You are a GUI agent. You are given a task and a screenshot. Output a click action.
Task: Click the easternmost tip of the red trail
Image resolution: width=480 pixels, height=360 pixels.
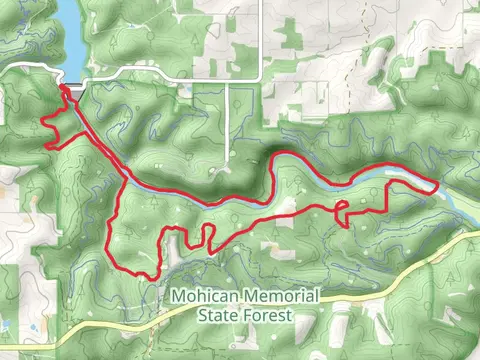click(x=436, y=185)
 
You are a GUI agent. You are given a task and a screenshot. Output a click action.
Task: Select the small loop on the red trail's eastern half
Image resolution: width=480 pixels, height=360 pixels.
click(x=341, y=208)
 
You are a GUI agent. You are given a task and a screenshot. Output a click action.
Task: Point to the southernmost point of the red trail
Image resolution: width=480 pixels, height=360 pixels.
click(x=146, y=277)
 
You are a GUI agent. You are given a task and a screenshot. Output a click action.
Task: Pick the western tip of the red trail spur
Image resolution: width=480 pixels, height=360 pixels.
click(x=44, y=121)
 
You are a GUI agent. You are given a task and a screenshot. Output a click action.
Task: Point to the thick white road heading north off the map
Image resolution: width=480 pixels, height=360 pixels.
click(x=261, y=30)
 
